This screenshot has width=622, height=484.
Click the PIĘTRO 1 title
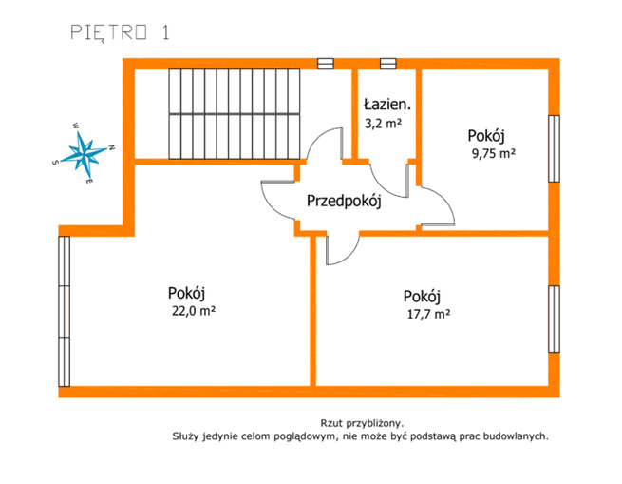point(121,32)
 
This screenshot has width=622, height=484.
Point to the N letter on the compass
point(112,147)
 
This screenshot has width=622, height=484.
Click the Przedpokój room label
point(344,201)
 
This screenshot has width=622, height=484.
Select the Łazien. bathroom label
point(387,105)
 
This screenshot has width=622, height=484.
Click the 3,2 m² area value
point(384,124)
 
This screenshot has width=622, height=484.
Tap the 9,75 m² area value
point(494,153)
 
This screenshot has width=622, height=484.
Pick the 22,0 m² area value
point(194,310)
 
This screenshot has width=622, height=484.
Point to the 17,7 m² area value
point(429,314)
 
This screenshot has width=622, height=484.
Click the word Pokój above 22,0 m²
point(186,293)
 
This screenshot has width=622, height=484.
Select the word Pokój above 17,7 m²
point(422,297)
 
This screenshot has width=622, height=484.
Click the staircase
point(235,114)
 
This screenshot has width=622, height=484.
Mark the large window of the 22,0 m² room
point(65,312)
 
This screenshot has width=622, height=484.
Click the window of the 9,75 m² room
point(555,148)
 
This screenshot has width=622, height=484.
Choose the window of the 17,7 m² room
point(555,319)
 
